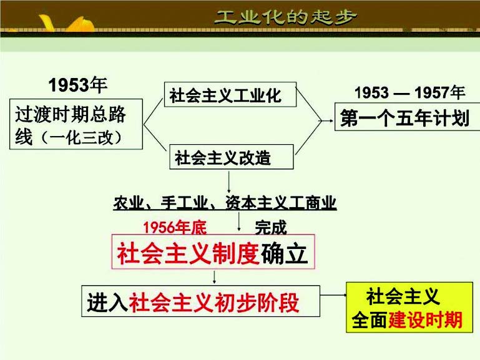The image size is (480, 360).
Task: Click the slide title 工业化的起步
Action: (x=287, y=16)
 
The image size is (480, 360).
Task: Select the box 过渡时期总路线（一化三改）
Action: (x=77, y=124)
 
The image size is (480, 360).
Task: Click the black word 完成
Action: (x=270, y=227)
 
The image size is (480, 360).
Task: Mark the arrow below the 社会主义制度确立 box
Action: (x=214, y=276)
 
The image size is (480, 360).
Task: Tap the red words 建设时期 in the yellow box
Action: (x=426, y=320)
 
